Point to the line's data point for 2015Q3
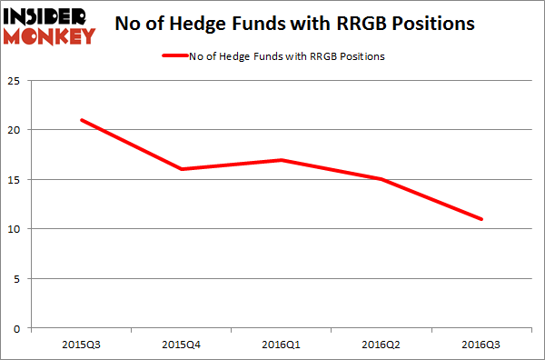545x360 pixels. tap(83, 120)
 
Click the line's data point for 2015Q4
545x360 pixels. tap(183, 169)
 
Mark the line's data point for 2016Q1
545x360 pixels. tap(282, 160)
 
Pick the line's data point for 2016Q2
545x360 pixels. tap(382, 179)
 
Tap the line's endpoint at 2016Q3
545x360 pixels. tap(481, 219)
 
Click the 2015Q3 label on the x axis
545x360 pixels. tap(83, 344)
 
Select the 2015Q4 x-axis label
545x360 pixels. tap(183, 344)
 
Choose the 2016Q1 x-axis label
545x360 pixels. tap(282, 344)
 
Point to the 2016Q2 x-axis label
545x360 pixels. tap(382, 344)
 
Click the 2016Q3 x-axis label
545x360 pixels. tap(481, 344)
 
